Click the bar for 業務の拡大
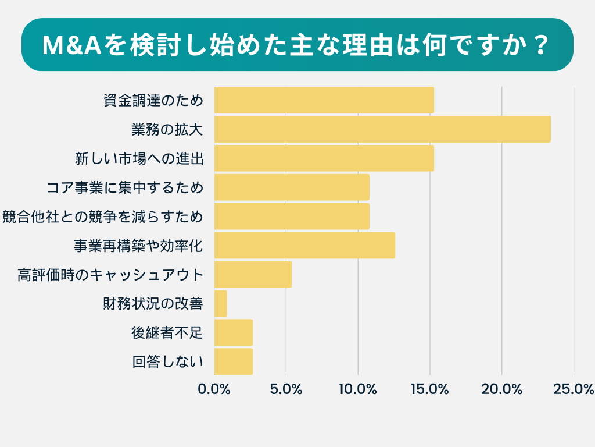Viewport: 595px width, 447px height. coord(382,129)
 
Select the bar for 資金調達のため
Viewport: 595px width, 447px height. coord(324,100)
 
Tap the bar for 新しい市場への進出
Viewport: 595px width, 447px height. coord(324,158)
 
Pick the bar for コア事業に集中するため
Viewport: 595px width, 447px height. coord(292,187)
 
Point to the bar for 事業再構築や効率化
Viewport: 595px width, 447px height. coord(304,246)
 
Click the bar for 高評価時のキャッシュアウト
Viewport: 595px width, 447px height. coord(253,275)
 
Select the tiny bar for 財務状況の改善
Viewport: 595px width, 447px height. coord(220,304)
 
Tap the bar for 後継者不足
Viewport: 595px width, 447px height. coord(234,333)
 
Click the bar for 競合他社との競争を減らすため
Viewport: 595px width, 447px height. coord(292,217)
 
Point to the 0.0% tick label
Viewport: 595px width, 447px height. coord(214,389)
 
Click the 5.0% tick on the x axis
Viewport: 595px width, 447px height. coord(286,389)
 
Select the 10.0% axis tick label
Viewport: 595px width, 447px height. coord(358,389)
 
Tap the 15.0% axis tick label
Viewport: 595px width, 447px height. coord(430,389)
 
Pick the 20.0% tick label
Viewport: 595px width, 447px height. coord(502,389)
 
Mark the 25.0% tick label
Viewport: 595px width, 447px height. coord(573,389)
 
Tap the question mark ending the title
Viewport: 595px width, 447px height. coord(540,45)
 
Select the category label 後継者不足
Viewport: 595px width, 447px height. coord(167,333)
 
